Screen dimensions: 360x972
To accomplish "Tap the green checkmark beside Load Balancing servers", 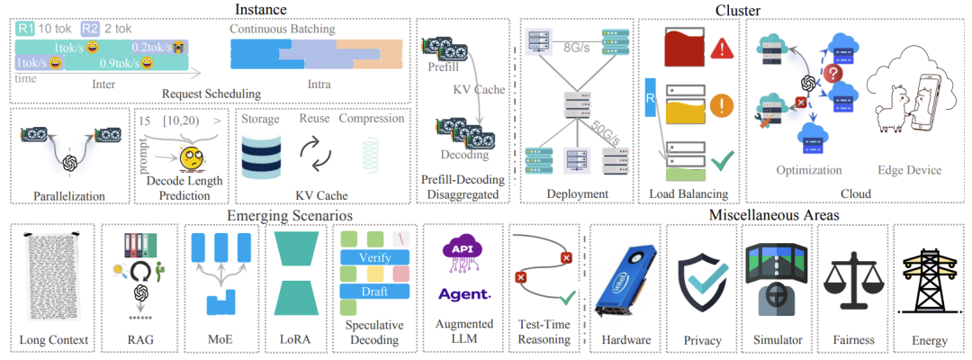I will click(x=721, y=163).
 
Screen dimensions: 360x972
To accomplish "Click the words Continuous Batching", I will click(x=282, y=28).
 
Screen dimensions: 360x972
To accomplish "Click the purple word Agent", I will click(x=464, y=293).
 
